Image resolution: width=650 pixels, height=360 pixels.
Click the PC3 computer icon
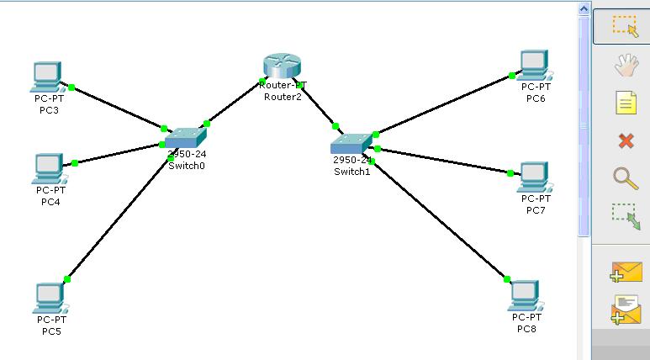(x=46, y=77)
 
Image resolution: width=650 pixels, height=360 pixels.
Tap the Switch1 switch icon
(x=351, y=144)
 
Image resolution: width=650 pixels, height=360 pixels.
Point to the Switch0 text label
(x=187, y=166)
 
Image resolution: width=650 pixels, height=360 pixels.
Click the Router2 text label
(x=283, y=97)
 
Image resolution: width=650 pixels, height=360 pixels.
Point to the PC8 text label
(x=526, y=328)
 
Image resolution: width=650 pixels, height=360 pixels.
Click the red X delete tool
(x=625, y=140)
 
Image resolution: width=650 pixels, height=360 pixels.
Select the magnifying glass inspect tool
(x=625, y=177)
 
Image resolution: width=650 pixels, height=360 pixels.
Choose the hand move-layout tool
(x=625, y=65)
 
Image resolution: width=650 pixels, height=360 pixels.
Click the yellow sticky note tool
(x=625, y=103)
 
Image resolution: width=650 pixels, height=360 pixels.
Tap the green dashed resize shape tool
(x=625, y=215)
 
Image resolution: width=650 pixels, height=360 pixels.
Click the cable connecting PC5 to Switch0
(x=118, y=218)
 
